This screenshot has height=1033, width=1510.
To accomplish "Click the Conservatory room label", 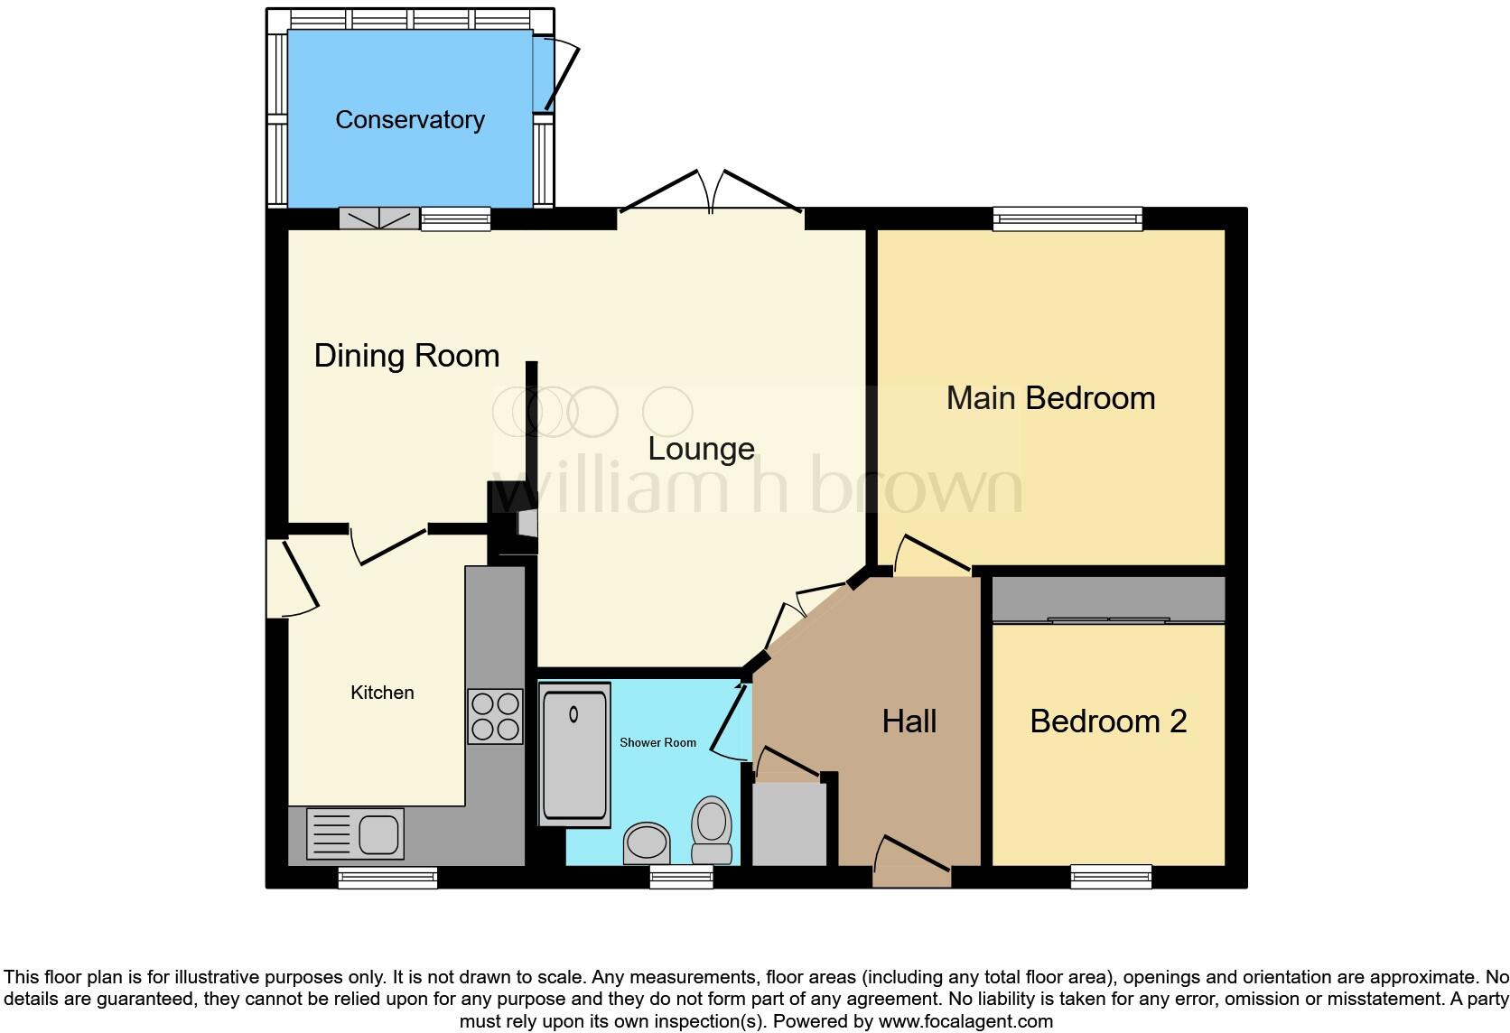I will click(410, 119).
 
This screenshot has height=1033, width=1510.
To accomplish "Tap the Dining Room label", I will click(406, 356).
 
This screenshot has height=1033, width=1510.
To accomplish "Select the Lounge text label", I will click(701, 449).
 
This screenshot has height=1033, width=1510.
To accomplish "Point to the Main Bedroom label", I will click(1050, 398).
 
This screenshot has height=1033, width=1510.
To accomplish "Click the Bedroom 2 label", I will click(1108, 721).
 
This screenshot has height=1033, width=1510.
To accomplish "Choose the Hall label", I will click(909, 721).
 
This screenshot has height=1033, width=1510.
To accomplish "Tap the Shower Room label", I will click(657, 742).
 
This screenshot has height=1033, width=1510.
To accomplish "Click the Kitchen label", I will click(382, 693).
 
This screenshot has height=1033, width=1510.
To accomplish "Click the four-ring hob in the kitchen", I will click(495, 717).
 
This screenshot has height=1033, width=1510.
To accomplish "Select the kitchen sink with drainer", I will click(355, 833).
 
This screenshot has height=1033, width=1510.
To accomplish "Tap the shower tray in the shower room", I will click(574, 754).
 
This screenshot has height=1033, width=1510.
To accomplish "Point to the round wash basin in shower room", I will click(647, 843).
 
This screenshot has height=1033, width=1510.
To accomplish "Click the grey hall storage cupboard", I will click(789, 824).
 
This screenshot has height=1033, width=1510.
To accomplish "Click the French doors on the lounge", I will click(712, 194).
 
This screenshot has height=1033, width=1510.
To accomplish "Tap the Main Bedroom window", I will click(1067, 218).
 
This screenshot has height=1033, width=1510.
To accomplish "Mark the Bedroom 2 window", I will click(1111, 876).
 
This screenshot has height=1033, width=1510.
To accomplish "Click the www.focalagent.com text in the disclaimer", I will click(965, 1021).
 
